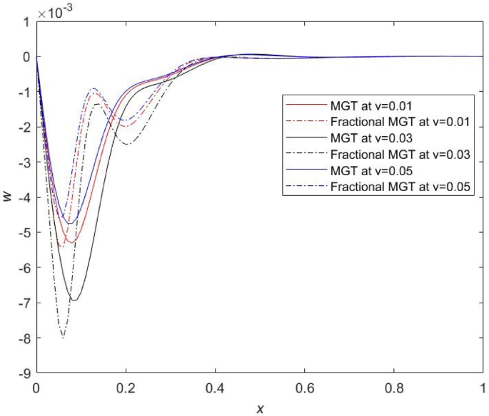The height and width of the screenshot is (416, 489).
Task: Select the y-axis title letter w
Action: pyautogui.click(x=8, y=197)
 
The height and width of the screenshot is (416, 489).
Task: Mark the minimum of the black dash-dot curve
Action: pyautogui.click(x=63, y=337)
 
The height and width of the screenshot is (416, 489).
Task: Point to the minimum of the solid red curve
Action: pyautogui.click(x=69, y=244)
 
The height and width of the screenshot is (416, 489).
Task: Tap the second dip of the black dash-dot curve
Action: pyautogui.click(x=127, y=145)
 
